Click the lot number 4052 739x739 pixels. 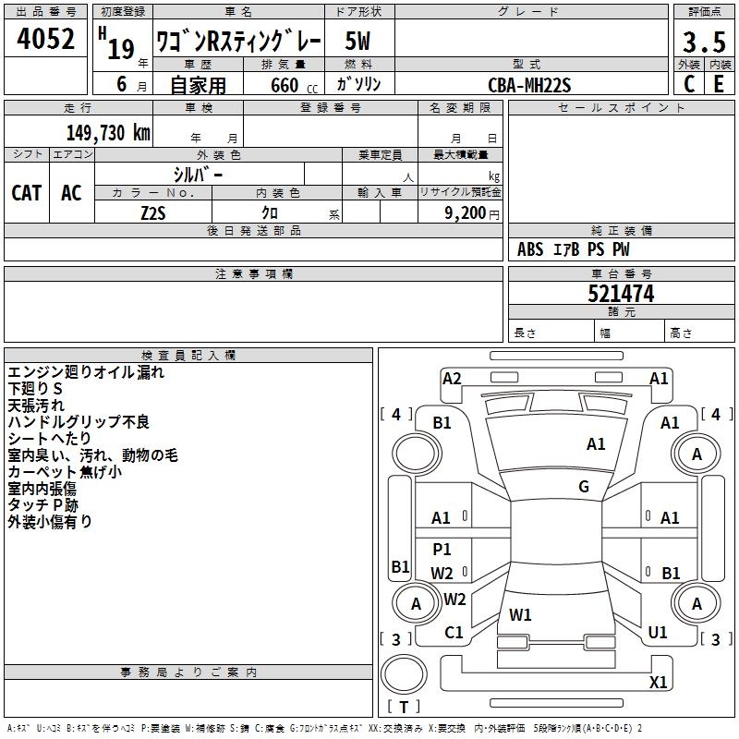point(45,40)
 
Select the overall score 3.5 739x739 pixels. point(704,43)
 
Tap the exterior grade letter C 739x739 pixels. point(688,83)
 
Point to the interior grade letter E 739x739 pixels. point(719,83)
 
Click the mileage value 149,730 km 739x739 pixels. point(108,132)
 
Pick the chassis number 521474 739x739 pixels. point(621,294)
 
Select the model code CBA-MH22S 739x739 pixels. point(530,85)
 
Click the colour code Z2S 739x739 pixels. point(153,212)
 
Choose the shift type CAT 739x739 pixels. point(27,193)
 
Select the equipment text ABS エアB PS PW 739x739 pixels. point(575,249)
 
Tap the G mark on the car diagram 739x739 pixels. point(584,487)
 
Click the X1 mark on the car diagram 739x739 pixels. point(659,683)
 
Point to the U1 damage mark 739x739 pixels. point(658,633)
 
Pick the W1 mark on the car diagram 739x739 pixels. point(521,614)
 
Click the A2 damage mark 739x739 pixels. point(452,378)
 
